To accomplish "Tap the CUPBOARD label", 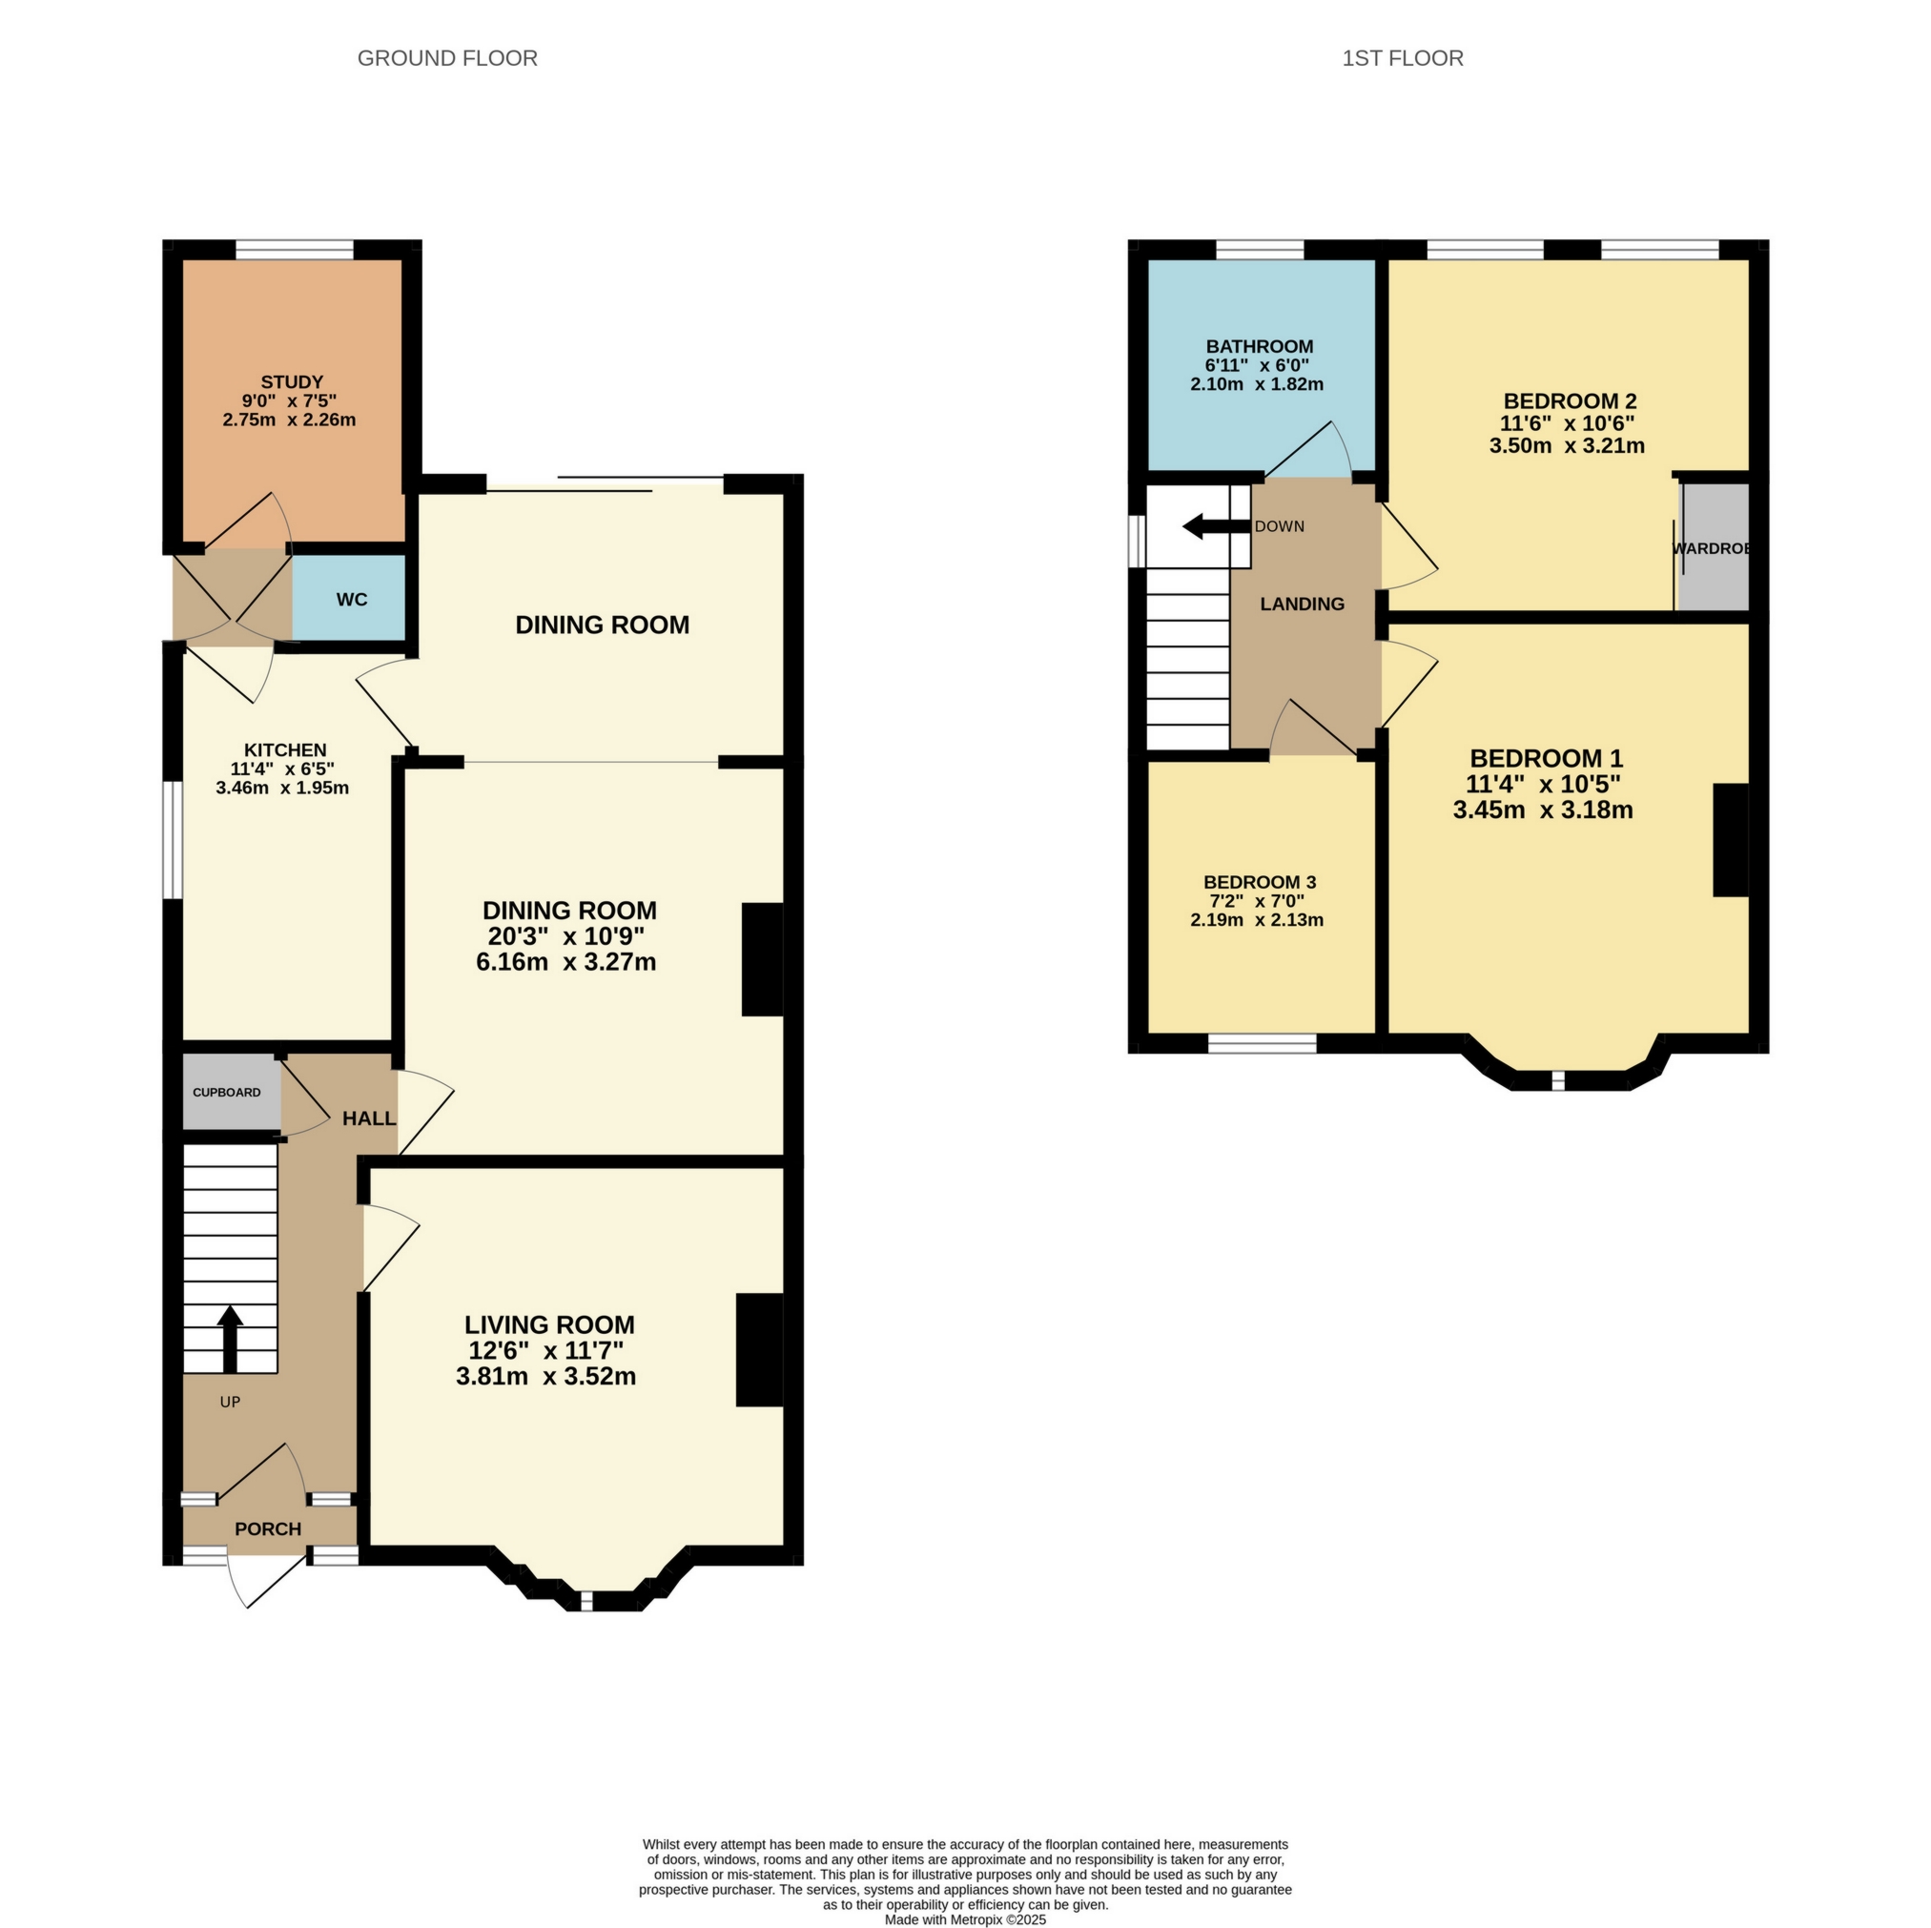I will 227,1093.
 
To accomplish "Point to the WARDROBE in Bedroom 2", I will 1712,547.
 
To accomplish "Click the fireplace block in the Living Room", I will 760,1350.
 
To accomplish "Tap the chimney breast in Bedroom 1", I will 1731,839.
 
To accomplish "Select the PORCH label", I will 268,1528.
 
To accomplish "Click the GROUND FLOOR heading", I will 447,58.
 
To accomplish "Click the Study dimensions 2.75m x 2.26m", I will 289,420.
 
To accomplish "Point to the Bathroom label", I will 1259,346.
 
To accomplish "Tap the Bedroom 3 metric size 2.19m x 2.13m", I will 1257,919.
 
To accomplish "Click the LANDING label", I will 1302,604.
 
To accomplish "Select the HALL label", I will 369,1118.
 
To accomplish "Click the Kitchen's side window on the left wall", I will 173,839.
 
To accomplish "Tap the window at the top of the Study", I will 294,250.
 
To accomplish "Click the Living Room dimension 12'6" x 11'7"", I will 545,1350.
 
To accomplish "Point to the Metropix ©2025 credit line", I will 964,1919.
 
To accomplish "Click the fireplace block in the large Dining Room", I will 762,959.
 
